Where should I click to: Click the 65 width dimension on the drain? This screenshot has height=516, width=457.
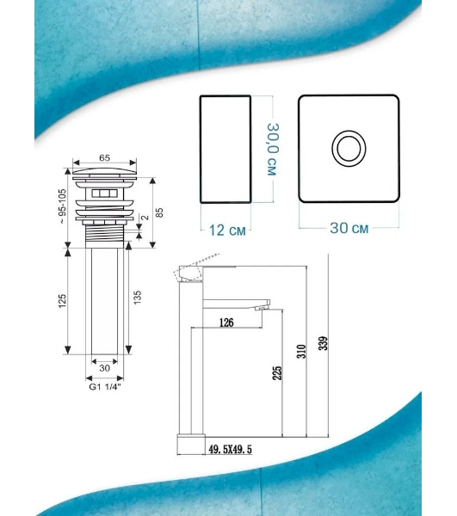104,158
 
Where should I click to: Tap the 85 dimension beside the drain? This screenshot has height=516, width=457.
159,212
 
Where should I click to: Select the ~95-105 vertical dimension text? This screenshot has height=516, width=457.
62,206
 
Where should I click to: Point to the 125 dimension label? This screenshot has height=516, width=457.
62,301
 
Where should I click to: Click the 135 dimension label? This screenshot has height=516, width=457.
138,298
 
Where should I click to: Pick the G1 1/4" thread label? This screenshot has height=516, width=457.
105,387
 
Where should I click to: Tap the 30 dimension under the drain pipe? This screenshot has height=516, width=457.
104,368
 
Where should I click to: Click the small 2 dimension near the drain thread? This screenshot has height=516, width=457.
145,218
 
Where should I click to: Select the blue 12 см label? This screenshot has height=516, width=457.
227,230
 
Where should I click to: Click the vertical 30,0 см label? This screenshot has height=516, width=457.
273,149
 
